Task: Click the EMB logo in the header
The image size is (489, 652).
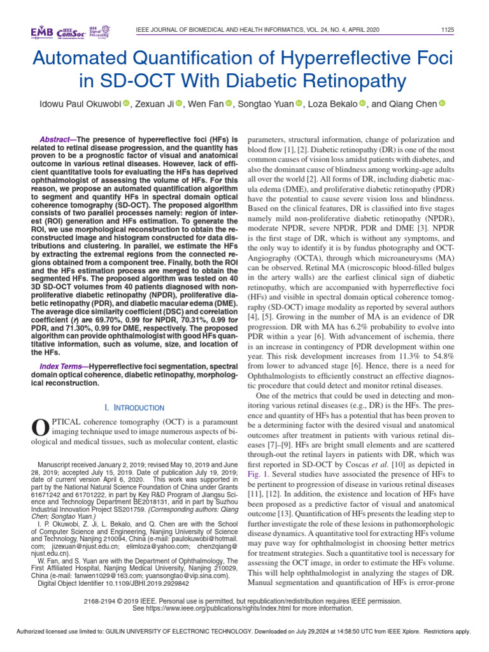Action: coord(43,32)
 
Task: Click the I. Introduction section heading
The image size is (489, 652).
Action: coord(134,407)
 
